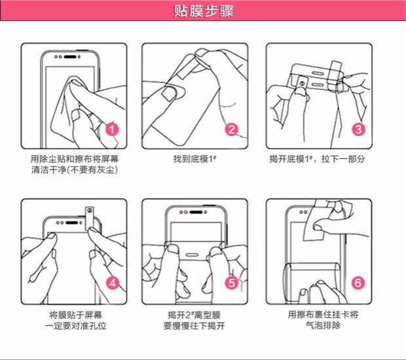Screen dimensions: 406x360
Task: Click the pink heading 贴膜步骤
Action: pos(204,11)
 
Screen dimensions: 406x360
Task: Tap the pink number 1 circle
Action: pos(112,129)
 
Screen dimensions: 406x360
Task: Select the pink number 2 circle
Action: pos(231,129)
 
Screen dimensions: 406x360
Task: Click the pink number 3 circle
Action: pos(359,129)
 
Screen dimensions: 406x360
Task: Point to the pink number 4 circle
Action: pos(113,283)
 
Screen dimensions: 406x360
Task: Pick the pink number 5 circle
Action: pos(231,282)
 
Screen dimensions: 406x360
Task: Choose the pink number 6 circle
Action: pos(358,283)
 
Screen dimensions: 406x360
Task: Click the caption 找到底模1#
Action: pos(194,158)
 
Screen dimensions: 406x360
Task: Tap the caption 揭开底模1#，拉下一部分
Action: pos(317,158)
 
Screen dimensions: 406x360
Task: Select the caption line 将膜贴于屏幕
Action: pos(75,315)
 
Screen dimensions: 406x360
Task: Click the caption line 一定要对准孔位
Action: pos(75,325)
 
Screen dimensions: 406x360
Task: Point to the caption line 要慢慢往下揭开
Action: pos(194,325)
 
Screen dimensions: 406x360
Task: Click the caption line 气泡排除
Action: pos(323,325)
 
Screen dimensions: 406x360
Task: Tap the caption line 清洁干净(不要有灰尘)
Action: pos(75,170)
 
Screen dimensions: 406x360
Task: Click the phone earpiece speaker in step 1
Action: pos(70,57)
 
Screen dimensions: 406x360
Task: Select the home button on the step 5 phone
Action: pos(191,255)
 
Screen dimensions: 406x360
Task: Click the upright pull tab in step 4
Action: pos(90,218)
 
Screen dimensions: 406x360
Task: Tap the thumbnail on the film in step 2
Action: pos(168,94)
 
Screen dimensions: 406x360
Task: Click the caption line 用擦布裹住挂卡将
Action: pos(323,314)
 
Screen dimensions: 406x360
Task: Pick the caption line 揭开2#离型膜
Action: pos(194,315)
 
